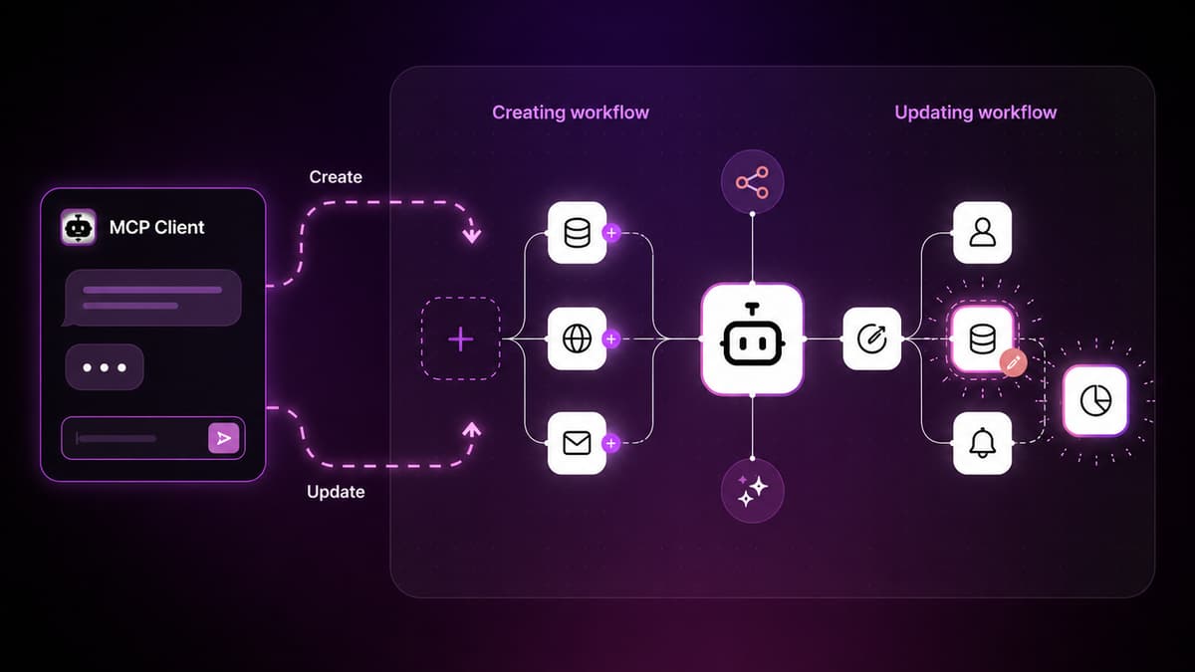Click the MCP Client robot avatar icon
pyautogui.click(x=78, y=227)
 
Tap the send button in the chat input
pyautogui.click(x=223, y=438)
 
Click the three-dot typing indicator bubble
pyautogui.click(x=105, y=367)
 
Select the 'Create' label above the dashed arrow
pyautogui.click(x=336, y=176)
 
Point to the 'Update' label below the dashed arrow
pyautogui.click(x=336, y=491)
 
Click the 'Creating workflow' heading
pyautogui.click(x=571, y=112)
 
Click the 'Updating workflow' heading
pyautogui.click(x=975, y=112)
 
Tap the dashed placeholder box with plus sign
pyautogui.click(x=461, y=338)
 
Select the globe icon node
pyautogui.click(x=577, y=338)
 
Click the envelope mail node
pyautogui.click(x=577, y=443)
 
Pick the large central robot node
pyautogui.click(x=752, y=339)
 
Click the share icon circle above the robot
pyautogui.click(x=752, y=182)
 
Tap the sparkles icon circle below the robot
pyautogui.click(x=752, y=491)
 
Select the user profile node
pyautogui.click(x=982, y=233)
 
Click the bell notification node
pyautogui.click(x=982, y=443)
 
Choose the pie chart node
pyautogui.click(x=1095, y=400)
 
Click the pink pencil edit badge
pyautogui.click(x=1013, y=363)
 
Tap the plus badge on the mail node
pyautogui.click(x=611, y=443)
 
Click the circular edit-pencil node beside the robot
pyautogui.click(x=871, y=338)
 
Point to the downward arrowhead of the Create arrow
pyautogui.click(x=472, y=235)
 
